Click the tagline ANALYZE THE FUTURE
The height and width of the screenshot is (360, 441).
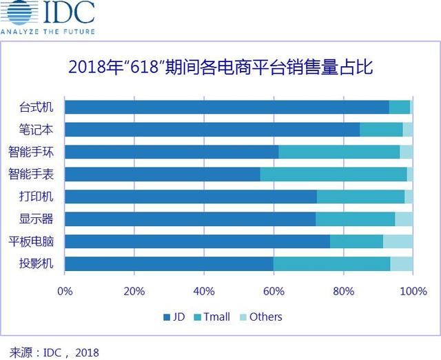48,31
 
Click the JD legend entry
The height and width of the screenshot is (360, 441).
175,317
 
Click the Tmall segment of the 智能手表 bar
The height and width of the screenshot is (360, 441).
334,174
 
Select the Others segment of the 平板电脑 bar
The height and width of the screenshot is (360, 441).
398,241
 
